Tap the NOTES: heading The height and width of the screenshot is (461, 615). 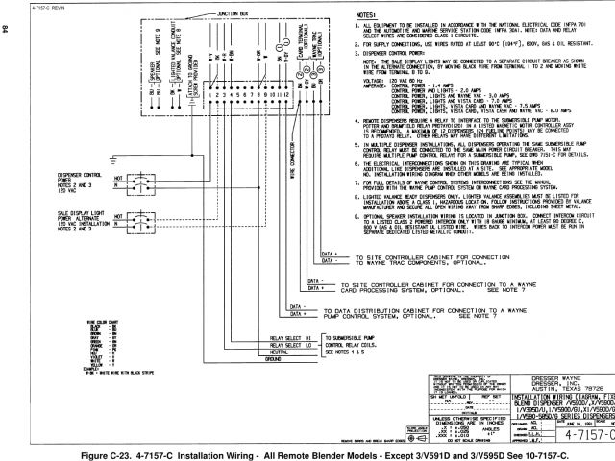pos(339,16)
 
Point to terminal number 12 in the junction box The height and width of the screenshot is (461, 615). pos(286,96)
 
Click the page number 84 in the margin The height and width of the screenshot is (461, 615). pos(6,30)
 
